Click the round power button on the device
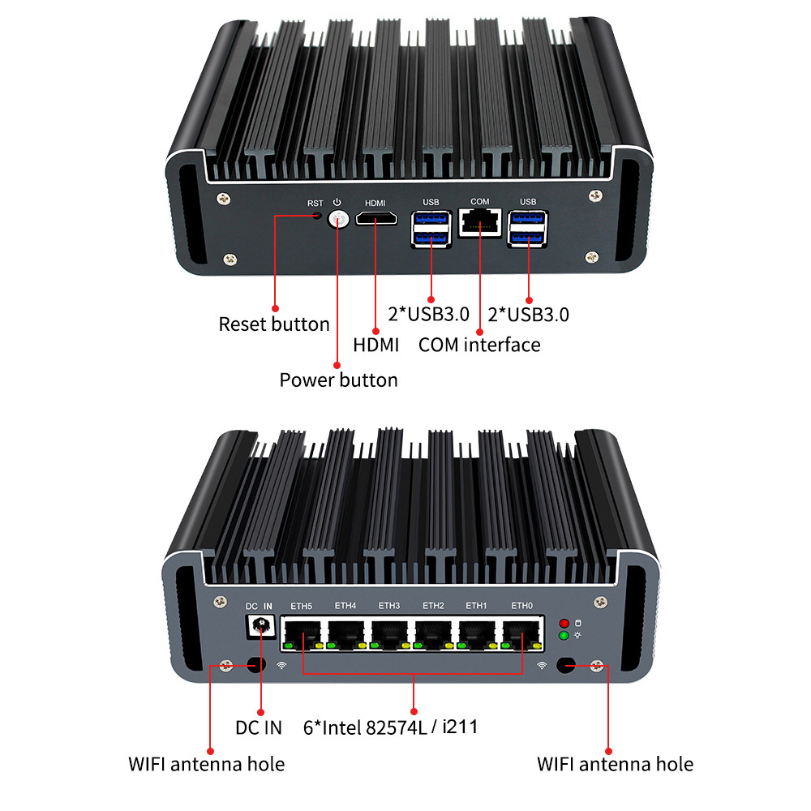(337, 219)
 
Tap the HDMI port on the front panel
(377, 220)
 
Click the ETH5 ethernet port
(302, 633)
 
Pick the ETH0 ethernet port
(521, 633)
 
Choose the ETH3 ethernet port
(389, 633)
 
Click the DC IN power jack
(261, 626)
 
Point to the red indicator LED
(564, 624)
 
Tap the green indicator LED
(564, 635)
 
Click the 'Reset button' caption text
(274, 324)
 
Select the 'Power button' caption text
(338, 380)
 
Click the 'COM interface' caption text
(479, 345)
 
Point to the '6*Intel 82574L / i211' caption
(389, 727)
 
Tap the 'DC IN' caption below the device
(259, 727)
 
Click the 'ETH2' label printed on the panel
(433, 605)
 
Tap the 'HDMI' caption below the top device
(376, 345)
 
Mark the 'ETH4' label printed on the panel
(345, 605)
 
